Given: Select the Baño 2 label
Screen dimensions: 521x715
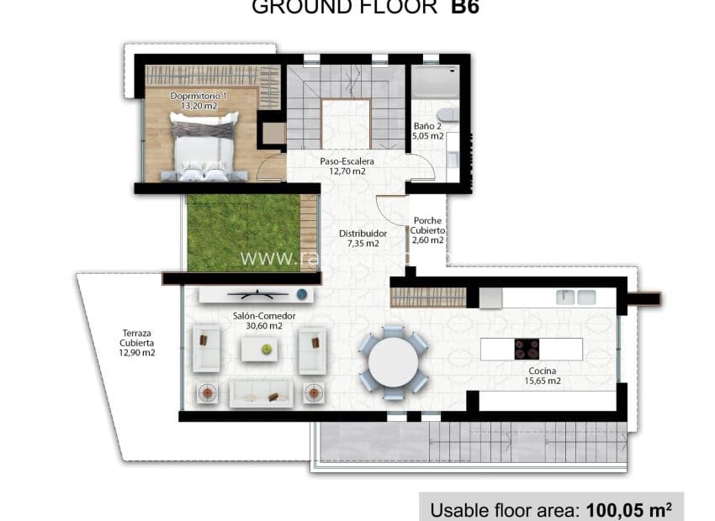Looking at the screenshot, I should coord(428,131).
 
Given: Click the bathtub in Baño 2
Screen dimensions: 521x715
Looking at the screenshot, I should coord(434,83).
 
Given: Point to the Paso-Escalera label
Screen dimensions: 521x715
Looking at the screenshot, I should coord(347,166).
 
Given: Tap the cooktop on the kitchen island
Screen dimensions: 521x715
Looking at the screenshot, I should coord(527,348).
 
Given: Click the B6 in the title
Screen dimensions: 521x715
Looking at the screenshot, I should coord(464,8).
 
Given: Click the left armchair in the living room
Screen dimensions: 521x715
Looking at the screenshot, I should coord(206,350).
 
